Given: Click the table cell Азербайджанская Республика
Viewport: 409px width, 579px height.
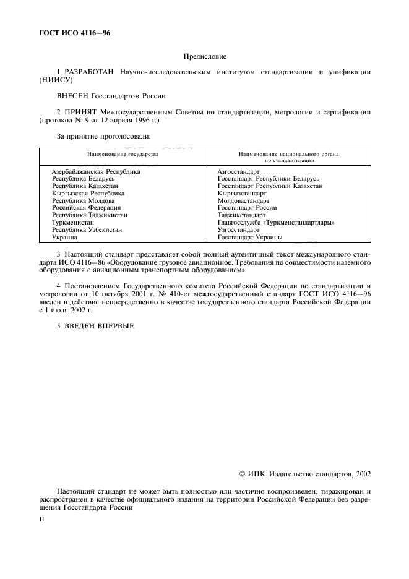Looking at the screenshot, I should click(96, 171).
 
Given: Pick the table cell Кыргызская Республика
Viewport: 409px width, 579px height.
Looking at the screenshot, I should click(88, 194).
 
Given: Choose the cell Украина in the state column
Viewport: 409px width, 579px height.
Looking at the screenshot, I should click(65, 237).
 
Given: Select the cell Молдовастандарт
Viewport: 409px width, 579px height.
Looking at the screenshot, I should click(243, 200).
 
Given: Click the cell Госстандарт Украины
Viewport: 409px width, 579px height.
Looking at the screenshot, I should click(250, 237).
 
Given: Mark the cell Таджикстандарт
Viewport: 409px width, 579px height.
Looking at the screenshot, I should click(241, 215).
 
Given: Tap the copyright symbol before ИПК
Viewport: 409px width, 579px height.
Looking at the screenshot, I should click(243, 474).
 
